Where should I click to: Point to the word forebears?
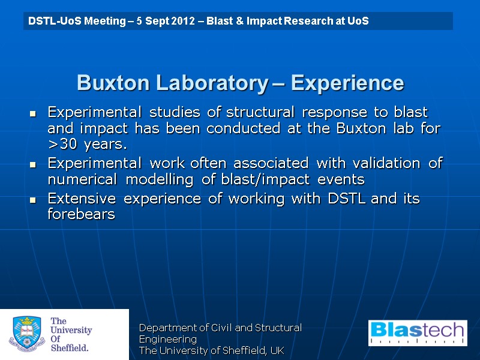click(x=81, y=214)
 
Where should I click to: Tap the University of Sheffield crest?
click(x=25, y=335)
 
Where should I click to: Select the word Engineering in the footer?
click(x=168, y=339)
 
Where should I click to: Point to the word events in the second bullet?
click(x=345, y=179)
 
